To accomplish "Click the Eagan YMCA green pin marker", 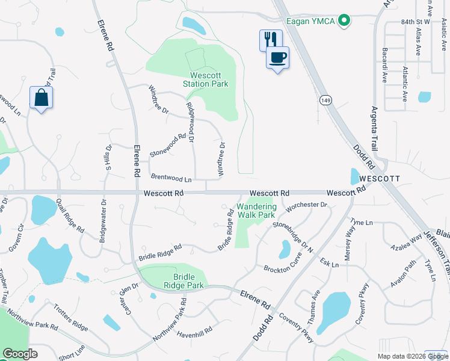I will (x=344, y=20).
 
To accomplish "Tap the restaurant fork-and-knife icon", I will (x=269, y=40).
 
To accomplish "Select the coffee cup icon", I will (x=277, y=58).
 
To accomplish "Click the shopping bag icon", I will (x=41, y=97).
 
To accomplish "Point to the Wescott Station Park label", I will (x=206, y=79).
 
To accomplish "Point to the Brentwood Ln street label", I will (x=171, y=179).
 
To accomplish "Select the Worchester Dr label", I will (x=307, y=205).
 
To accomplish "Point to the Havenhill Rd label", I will (x=194, y=331).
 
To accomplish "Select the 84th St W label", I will (x=416, y=22).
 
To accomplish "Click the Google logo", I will (x=20, y=354).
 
